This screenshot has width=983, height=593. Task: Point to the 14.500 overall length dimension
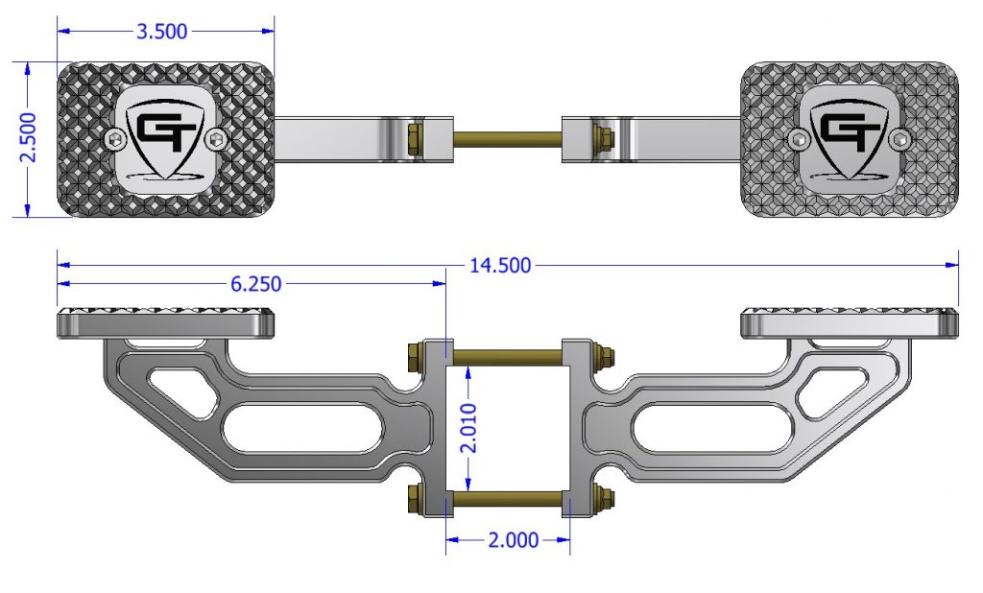[x=499, y=265]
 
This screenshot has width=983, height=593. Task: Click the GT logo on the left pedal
[x=167, y=131]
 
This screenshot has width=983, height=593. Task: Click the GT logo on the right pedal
[x=848, y=131]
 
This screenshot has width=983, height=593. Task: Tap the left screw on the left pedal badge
[x=117, y=141]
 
